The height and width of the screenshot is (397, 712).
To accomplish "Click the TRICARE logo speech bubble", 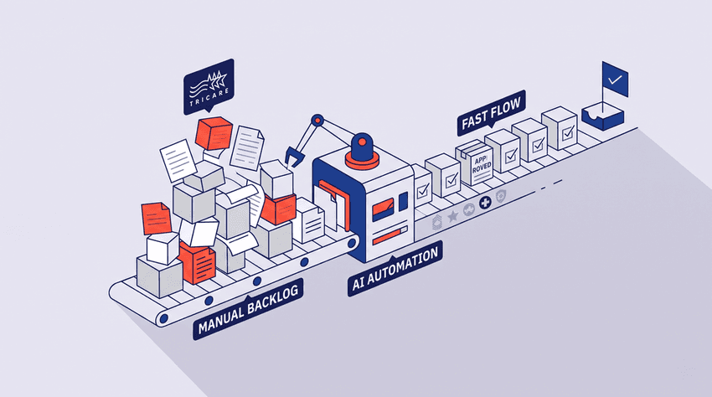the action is tap(209, 86).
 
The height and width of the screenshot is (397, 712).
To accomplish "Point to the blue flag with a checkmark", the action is tap(615, 80).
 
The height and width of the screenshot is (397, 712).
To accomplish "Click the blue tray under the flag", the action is tap(603, 116).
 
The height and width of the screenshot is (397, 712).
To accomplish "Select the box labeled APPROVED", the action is tap(474, 162).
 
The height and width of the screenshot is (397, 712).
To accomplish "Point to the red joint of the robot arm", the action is tap(317, 121).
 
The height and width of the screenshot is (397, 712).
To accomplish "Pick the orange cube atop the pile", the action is tap(214, 133).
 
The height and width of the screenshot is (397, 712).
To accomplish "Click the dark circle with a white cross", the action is tap(485, 203).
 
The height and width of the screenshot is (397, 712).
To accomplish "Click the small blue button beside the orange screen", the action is tap(403, 201).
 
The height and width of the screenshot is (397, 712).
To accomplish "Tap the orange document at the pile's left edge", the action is tap(156, 218).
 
